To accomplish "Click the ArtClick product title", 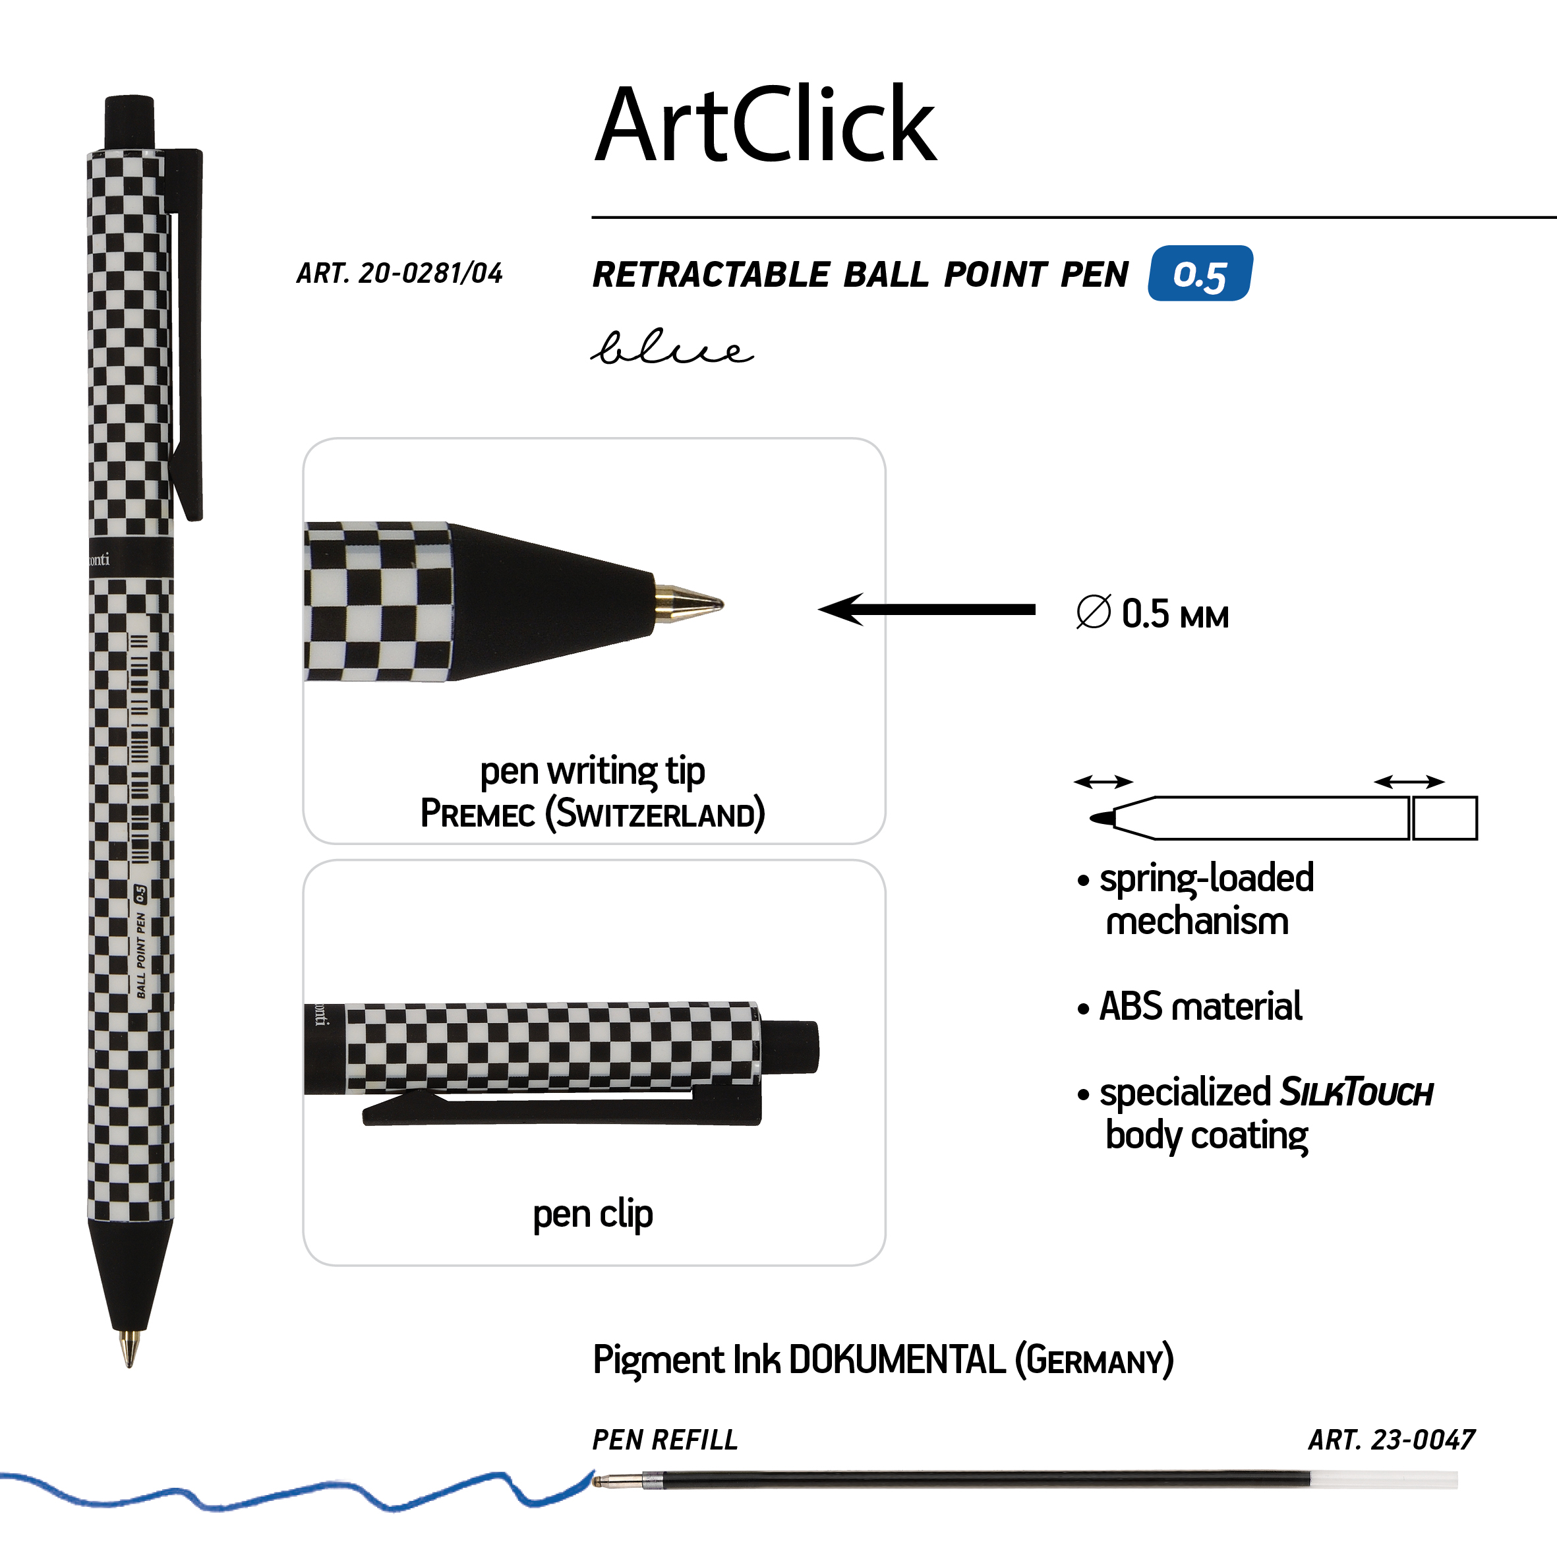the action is [x=765, y=125].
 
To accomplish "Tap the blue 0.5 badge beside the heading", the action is [x=1200, y=273].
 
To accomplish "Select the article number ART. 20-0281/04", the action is [x=399, y=273].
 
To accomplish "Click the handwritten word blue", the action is [x=672, y=347].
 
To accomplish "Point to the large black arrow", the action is [x=927, y=609].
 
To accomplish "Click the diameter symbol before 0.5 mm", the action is [x=1094, y=612].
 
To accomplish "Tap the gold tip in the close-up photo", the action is [x=689, y=602].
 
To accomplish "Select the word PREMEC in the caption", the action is [x=478, y=813].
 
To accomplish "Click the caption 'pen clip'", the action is [x=593, y=1214].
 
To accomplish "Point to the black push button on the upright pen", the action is [x=129, y=122].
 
